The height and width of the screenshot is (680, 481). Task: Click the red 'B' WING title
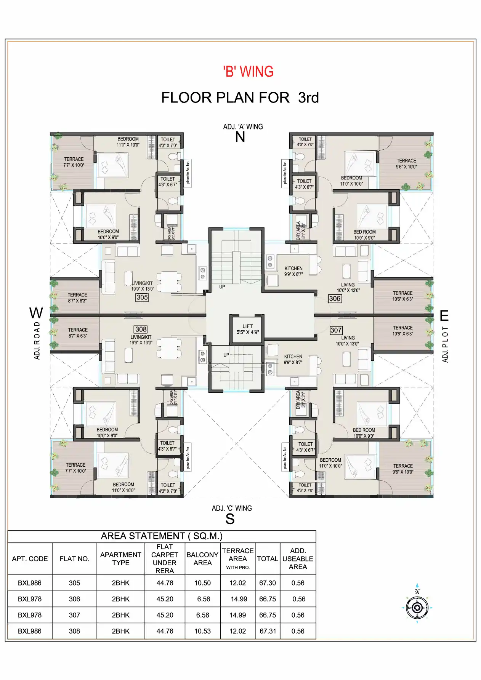248,72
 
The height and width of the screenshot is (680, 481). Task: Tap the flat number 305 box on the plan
142,298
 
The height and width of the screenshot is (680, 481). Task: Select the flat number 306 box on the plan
335,299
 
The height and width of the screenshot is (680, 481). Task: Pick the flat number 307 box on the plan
336,330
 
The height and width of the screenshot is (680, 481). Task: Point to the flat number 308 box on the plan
141,329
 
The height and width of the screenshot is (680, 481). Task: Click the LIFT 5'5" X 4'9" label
247,329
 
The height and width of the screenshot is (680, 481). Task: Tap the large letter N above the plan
240,137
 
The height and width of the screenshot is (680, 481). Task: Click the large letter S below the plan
230,519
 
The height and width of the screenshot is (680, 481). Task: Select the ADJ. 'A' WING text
243,126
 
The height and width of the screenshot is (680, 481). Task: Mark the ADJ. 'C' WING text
232,508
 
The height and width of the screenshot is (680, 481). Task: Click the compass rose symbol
417,607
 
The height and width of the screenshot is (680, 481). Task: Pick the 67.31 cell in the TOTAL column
268,631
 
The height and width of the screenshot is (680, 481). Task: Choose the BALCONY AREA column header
202,559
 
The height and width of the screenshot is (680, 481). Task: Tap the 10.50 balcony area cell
202,583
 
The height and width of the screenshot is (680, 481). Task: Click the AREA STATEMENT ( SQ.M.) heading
162,536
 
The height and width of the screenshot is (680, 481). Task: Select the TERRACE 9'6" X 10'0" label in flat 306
406,164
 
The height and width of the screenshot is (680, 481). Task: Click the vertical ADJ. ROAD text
37,340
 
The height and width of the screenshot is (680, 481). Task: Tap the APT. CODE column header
30,559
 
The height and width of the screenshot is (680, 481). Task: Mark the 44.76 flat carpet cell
165,631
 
